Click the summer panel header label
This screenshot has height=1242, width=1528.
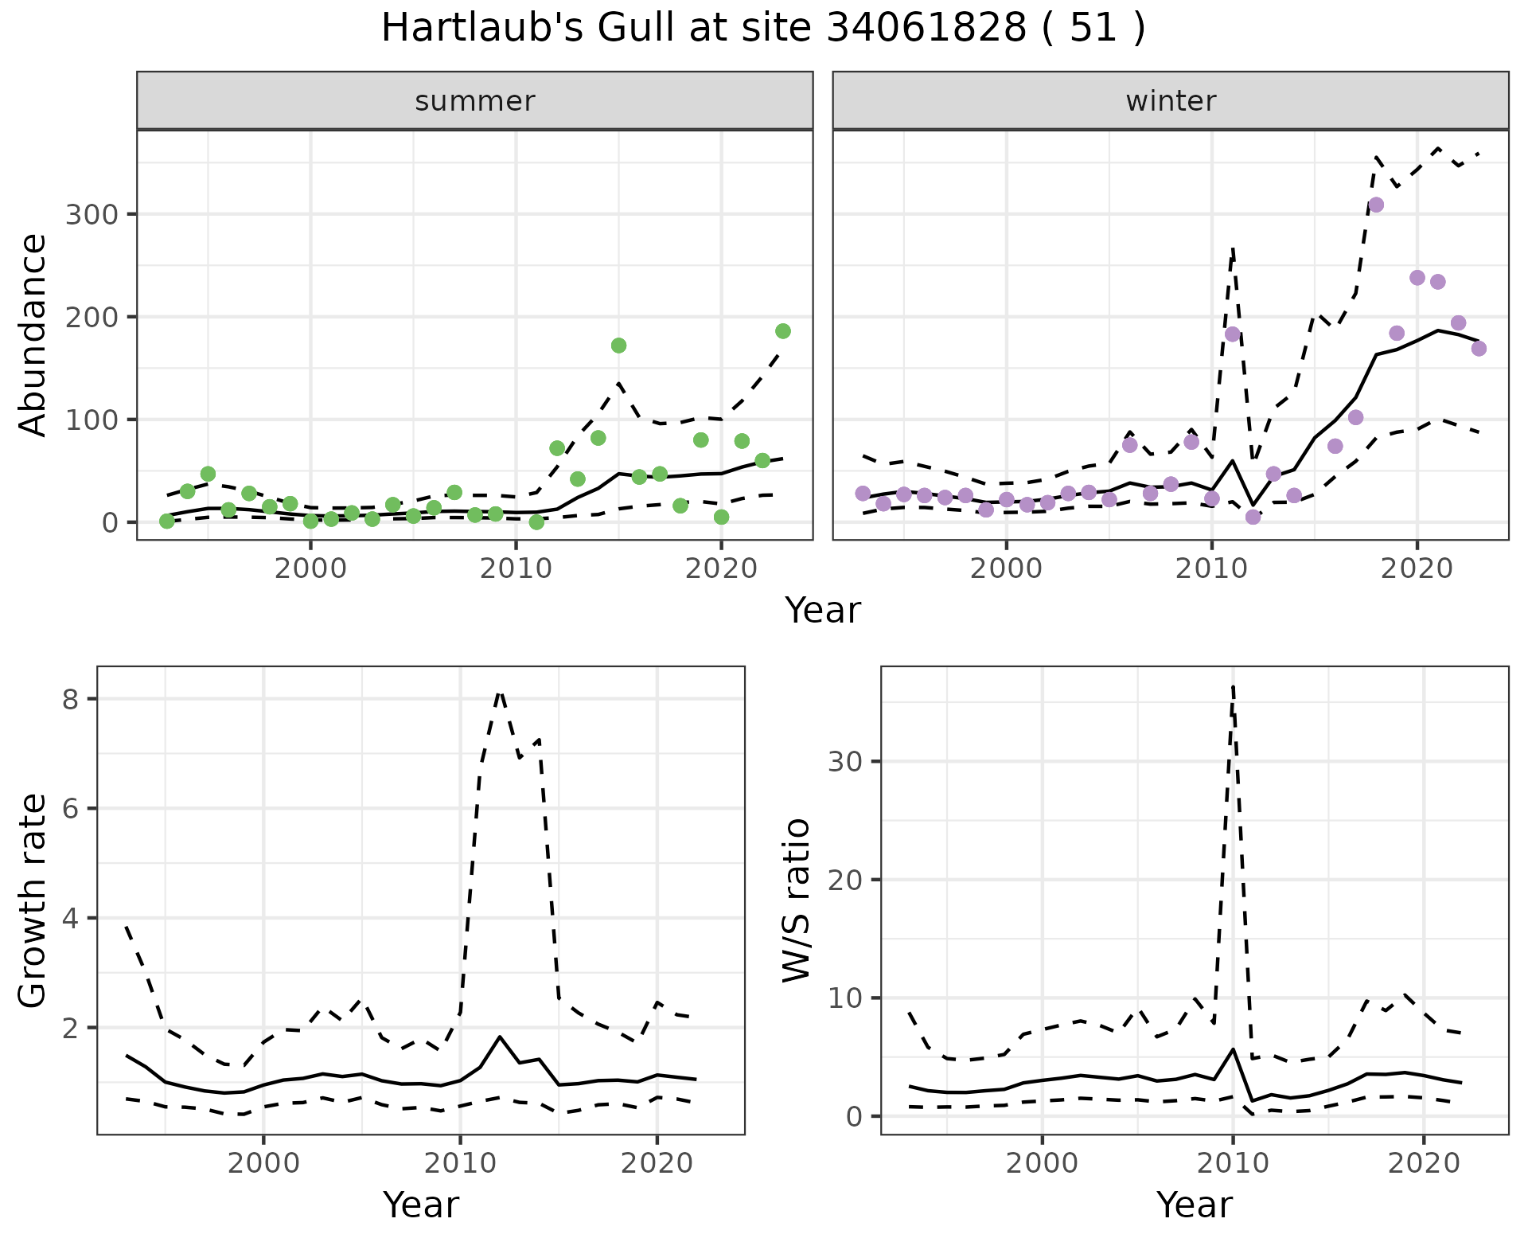click(474, 101)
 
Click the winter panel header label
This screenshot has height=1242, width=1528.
click(1170, 101)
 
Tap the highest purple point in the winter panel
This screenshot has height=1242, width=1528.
click(1375, 205)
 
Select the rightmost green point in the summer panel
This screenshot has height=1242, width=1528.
click(782, 331)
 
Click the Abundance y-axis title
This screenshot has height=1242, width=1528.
click(33, 334)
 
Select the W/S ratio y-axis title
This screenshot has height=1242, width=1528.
click(796, 900)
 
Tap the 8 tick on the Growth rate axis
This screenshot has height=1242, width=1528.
click(70, 699)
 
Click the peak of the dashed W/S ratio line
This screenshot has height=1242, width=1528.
click(1233, 685)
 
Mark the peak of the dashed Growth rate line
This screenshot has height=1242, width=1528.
click(499, 692)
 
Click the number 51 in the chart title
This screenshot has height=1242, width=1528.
click(1091, 29)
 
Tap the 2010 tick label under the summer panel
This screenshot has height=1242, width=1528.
click(516, 569)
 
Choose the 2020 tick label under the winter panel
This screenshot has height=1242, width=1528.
click(1417, 569)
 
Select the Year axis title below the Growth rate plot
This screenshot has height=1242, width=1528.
click(421, 1205)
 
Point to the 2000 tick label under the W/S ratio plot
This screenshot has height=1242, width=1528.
click(1043, 1163)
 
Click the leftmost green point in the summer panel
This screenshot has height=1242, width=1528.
click(167, 521)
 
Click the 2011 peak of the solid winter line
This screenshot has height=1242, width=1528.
click(1232, 461)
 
